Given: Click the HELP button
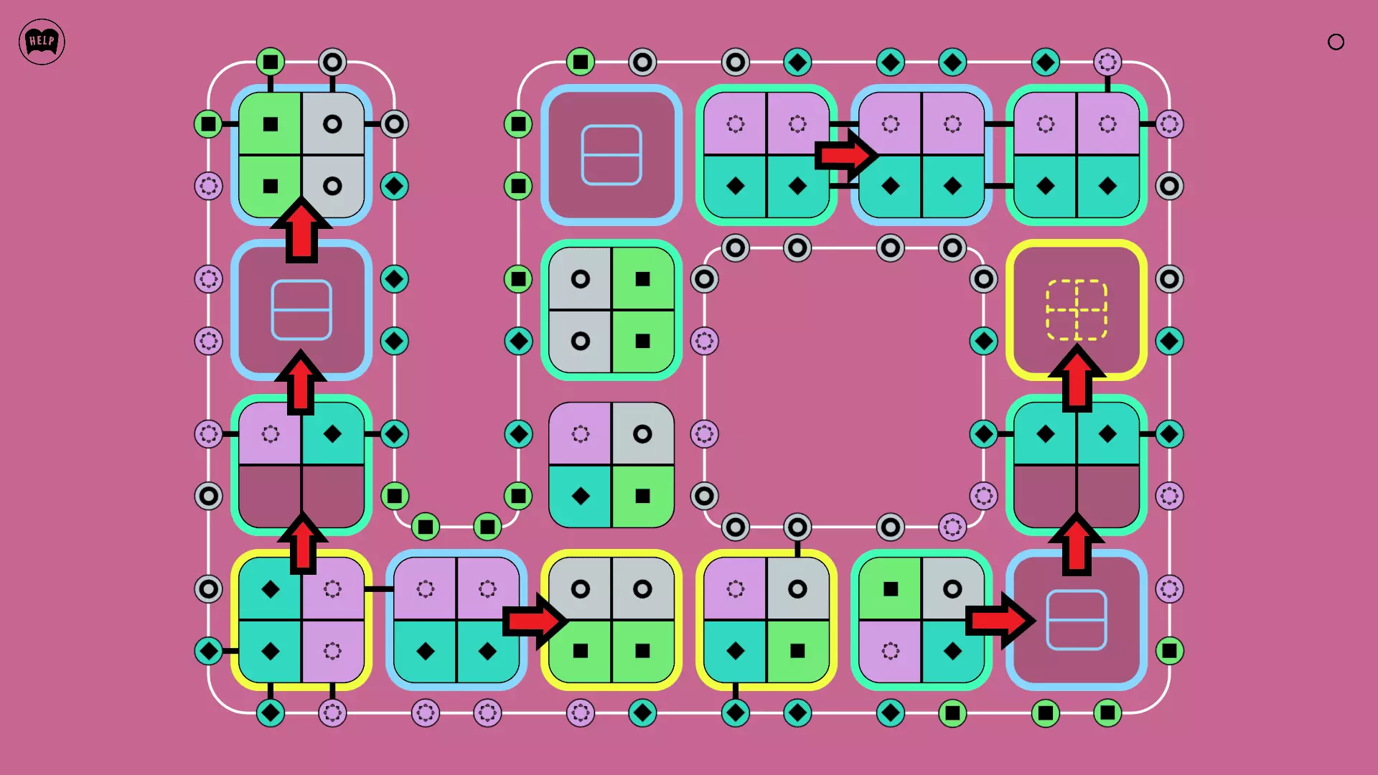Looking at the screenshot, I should [x=42, y=42].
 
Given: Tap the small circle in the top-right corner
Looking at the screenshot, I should [x=1336, y=42].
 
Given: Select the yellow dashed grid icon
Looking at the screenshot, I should [x=1077, y=309].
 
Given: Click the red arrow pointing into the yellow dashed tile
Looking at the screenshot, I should [x=1077, y=377].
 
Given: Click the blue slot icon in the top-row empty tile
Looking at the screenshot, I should [x=611, y=155].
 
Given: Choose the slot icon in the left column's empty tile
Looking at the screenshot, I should [x=301, y=309].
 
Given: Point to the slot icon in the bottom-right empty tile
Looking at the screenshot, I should [x=1077, y=620].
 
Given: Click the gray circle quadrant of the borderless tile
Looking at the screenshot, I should [x=642, y=434].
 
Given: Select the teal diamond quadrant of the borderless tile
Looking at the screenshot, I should [x=581, y=496].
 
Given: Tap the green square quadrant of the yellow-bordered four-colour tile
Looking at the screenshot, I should [x=797, y=651].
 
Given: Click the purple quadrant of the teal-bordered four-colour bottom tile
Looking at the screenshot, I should [x=891, y=651].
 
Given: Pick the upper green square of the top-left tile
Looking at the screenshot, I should [x=271, y=124].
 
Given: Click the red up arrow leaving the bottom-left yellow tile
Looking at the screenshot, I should [x=302, y=545].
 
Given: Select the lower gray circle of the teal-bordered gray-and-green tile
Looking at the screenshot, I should [x=581, y=341].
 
